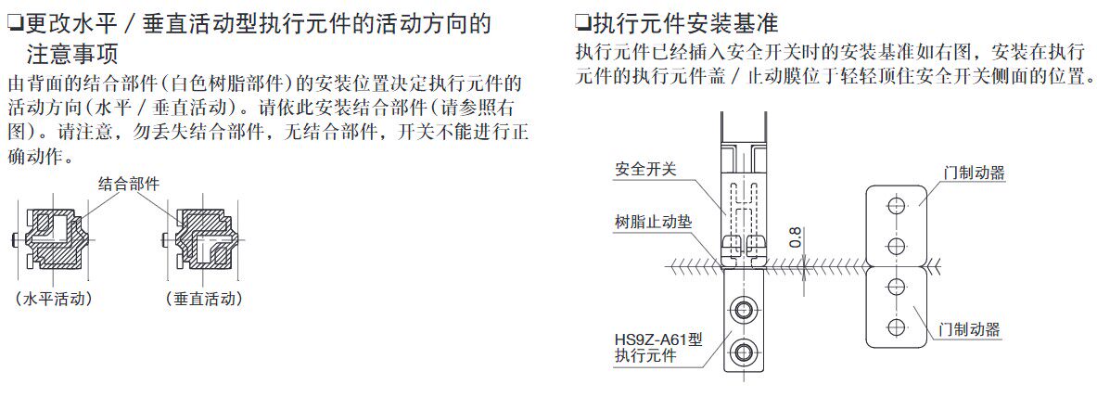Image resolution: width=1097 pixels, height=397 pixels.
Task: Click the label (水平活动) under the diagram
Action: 54,299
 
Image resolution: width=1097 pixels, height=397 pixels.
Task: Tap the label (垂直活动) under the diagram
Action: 204,299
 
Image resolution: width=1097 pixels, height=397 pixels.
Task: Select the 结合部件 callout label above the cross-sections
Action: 128,185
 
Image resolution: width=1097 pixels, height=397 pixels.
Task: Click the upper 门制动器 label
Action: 974,173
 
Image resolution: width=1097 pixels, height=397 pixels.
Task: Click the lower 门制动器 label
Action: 969,329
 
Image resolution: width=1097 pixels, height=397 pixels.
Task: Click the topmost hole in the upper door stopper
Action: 897,206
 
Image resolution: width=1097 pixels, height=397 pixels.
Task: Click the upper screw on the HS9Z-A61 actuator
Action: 743,309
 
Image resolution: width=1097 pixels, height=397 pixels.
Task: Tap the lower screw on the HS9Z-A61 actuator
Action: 743,350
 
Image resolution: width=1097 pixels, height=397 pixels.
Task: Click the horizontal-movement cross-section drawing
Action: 54,238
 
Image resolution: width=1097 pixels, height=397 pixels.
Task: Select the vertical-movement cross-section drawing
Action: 204,238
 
